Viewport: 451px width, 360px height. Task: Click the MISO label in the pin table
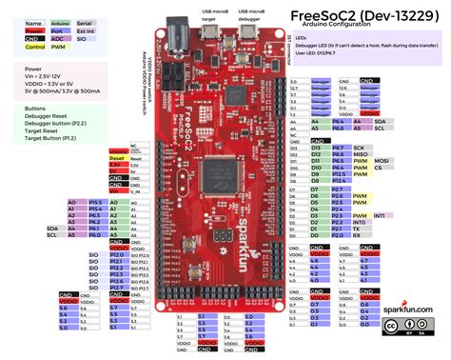[360, 156]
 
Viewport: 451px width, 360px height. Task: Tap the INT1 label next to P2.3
[380, 216]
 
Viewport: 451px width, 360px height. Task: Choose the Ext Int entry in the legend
[87, 30]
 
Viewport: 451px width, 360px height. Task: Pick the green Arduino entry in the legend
[59, 22]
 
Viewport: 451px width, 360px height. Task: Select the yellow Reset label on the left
[119, 158]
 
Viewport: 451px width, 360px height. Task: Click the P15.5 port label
[95, 203]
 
